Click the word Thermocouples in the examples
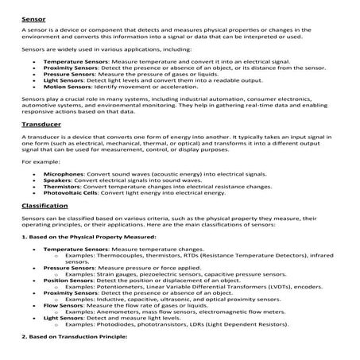tap(111, 258)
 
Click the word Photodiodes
tap(110, 326)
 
